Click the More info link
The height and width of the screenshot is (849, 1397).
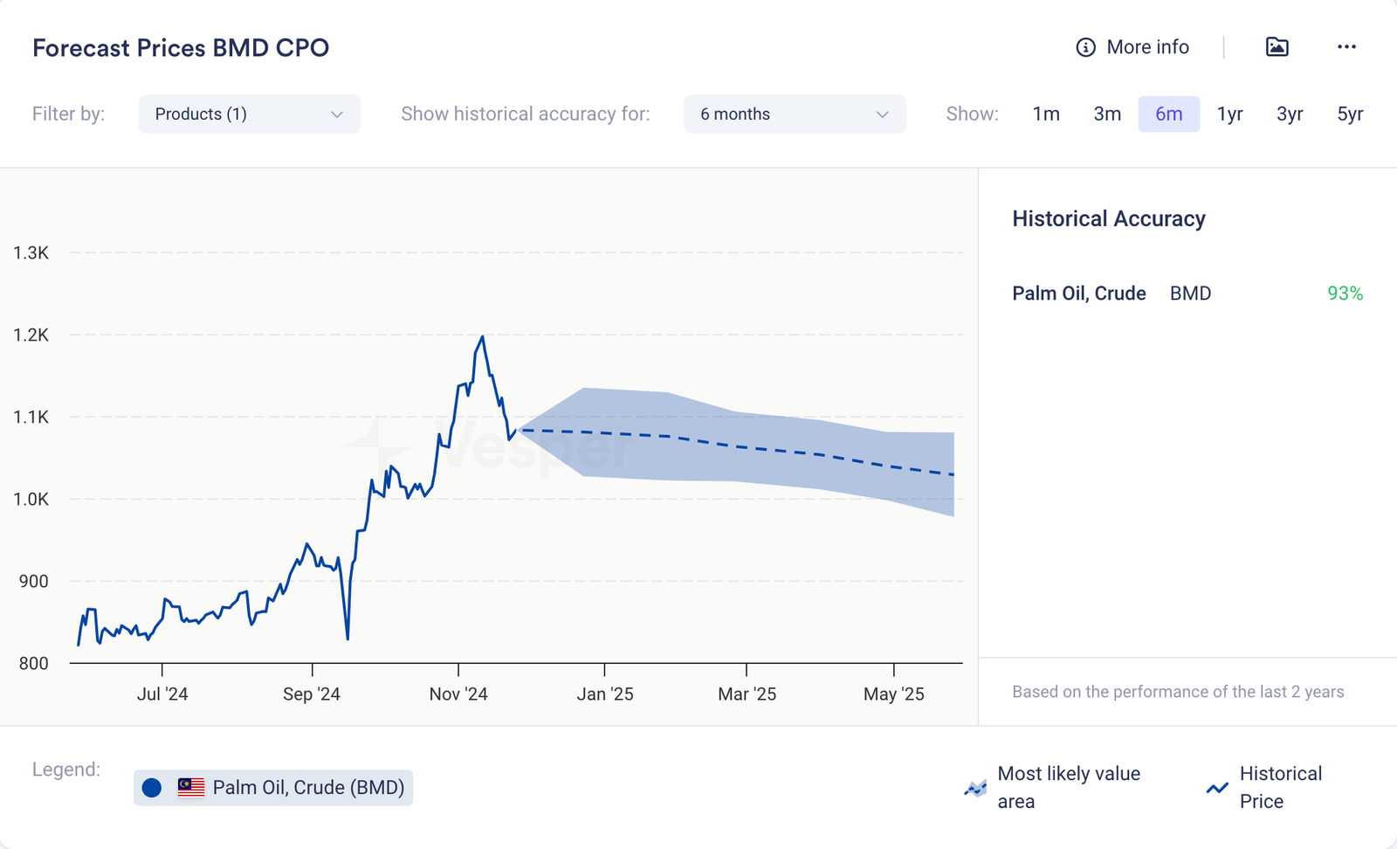[x=1132, y=47]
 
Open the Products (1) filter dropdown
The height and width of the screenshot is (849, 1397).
[x=249, y=114]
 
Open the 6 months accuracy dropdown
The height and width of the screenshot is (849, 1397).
[x=794, y=114]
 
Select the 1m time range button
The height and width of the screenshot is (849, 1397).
[x=1046, y=114]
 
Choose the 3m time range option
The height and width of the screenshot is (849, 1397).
[x=1107, y=114]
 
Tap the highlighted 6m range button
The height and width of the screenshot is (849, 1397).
[x=1168, y=114]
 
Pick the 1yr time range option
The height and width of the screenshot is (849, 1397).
[x=1229, y=114]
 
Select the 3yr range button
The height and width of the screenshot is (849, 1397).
[x=1290, y=114]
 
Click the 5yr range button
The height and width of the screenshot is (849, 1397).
[x=1350, y=114]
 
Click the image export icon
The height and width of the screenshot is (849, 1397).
[x=1277, y=47]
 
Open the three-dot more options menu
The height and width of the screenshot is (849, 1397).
[x=1346, y=47]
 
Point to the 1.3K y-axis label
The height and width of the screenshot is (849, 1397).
[x=31, y=253]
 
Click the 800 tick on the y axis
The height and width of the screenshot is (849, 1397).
[x=34, y=664]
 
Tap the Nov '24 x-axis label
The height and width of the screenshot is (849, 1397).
[x=458, y=694]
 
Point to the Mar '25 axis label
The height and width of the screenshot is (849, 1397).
[x=747, y=694]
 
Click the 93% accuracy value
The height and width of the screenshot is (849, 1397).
[x=1345, y=293]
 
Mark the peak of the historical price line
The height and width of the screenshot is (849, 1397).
[x=482, y=336]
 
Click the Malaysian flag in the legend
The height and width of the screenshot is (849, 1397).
[x=191, y=787]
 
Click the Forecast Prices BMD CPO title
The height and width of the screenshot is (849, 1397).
[x=181, y=48]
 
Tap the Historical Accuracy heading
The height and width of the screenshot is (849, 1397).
[x=1109, y=218]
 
